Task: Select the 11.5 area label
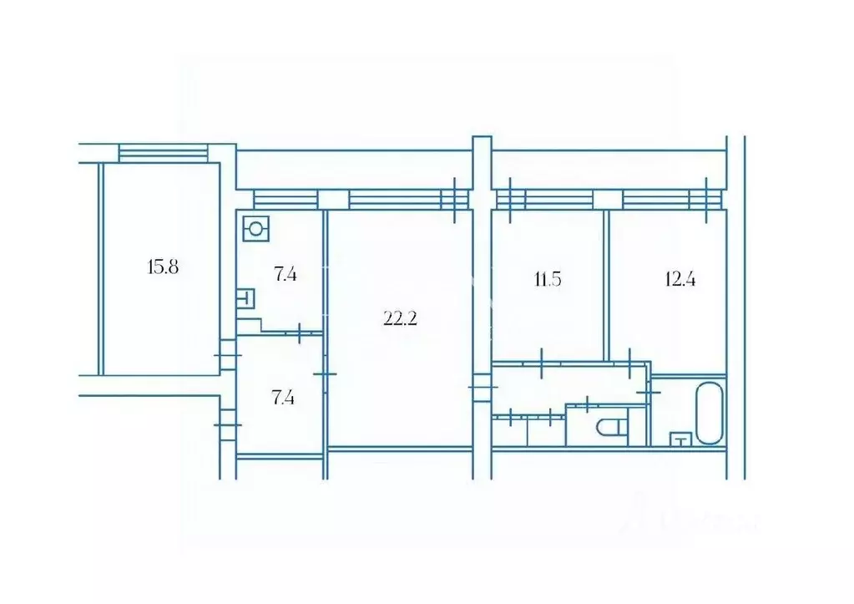click(547, 279)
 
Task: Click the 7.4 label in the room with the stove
click(286, 273)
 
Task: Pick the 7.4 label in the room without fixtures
click(284, 397)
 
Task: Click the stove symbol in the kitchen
click(255, 227)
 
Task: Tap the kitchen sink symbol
click(246, 298)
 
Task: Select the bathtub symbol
click(709, 413)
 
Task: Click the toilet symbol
click(612, 428)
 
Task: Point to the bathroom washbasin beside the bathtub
click(680, 439)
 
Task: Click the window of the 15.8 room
click(162, 153)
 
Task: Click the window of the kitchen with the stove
click(286, 199)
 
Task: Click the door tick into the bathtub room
click(649, 390)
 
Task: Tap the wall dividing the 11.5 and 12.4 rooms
click(605, 284)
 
